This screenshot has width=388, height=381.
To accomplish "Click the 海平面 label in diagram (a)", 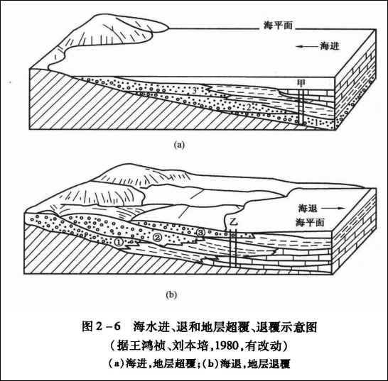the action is [x=278, y=26].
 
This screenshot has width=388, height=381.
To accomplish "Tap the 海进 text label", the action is [x=330, y=46].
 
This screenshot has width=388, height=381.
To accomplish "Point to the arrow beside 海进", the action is [x=306, y=46].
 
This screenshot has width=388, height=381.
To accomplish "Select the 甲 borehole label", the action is [x=301, y=84].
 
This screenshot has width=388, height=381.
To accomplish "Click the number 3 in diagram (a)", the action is [x=195, y=91].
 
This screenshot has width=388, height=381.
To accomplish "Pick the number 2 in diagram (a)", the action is [x=249, y=107].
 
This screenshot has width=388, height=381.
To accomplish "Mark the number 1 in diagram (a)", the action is [x=316, y=122].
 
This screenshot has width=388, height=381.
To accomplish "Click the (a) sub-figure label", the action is [x=179, y=145].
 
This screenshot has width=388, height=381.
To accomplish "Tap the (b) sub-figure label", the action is [x=171, y=294].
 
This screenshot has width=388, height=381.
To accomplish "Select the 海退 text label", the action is [x=308, y=209].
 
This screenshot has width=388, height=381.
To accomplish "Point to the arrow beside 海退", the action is [x=333, y=209].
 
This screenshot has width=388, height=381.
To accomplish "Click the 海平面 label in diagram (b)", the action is [x=310, y=223].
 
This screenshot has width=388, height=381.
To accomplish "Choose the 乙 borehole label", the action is [x=233, y=221].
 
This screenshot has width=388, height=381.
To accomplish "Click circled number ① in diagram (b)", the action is [x=119, y=242].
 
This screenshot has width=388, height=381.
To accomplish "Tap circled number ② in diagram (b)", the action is [x=157, y=238].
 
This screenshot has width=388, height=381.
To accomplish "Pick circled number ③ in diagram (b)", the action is [x=200, y=232].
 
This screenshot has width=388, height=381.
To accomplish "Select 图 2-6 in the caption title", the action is [x=101, y=326].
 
